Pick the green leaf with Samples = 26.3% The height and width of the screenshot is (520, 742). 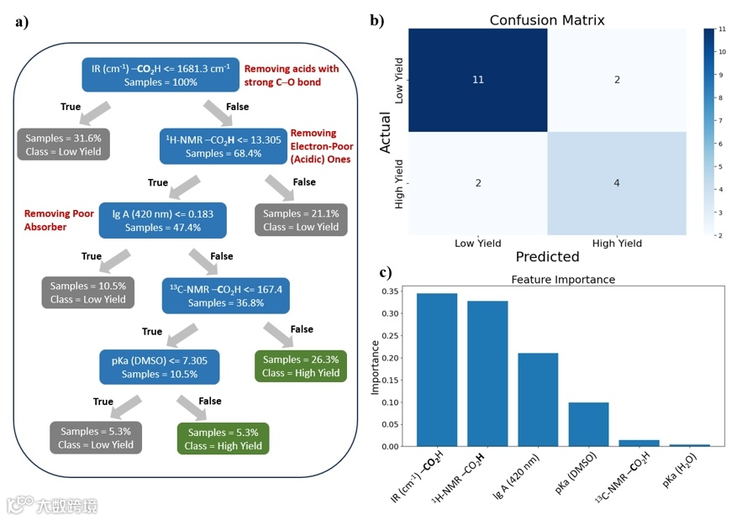(x=301, y=365)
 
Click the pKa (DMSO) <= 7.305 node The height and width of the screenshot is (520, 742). (x=160, y=365)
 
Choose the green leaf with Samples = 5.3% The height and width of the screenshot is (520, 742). (x=223, y=439)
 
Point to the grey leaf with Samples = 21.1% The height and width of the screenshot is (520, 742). (x=301, y=220)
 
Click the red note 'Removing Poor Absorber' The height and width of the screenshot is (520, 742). (x=59, y=220)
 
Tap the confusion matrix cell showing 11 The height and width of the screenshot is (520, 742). (x=477, y=80)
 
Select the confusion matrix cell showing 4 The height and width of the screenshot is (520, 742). (x=616, y=184)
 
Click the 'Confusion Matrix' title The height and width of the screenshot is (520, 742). (x=547, y=19)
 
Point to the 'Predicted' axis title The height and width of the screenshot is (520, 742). (x=547, y=256)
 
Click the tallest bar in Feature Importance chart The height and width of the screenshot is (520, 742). (x=437, y=370)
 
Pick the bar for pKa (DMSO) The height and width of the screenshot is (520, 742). (x=588, y=424)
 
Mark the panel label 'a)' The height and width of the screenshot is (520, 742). (x=22, y=23)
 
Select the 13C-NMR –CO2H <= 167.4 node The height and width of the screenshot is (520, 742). (x=224, y=293)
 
